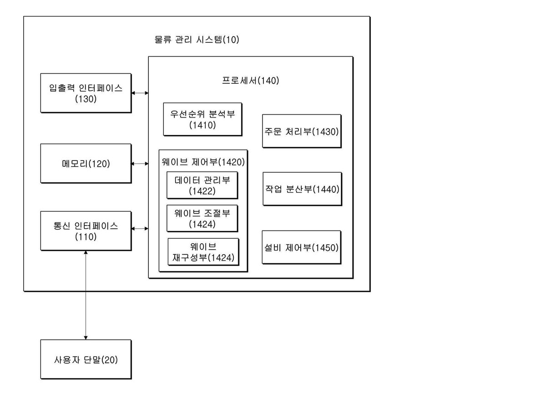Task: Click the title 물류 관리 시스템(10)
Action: [197, 39]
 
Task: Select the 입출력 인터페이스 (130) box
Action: [86, 93]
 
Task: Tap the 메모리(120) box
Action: [86, 163]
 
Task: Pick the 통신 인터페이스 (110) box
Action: [86, 231]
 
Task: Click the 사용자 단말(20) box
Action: [86, 359]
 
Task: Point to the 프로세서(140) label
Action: [251, 81]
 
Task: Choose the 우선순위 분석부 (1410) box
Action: [202, 119]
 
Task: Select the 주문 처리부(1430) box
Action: [302, 131]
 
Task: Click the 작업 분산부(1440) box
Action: [302, 189]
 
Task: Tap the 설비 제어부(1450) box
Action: [302, 247]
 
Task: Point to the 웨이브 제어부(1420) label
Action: [203, 162]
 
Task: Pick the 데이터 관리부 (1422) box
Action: [202, 185]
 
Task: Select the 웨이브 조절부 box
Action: [202, 219]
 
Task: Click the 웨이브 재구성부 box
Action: [203, 252]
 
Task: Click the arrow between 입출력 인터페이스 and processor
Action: [140, 93]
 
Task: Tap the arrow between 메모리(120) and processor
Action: [140, 164]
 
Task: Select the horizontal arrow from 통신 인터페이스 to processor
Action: [140, 229]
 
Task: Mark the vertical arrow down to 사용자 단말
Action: [86, 295]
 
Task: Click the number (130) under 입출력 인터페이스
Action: [86, 99]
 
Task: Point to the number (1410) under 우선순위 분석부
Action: [202, 125]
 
